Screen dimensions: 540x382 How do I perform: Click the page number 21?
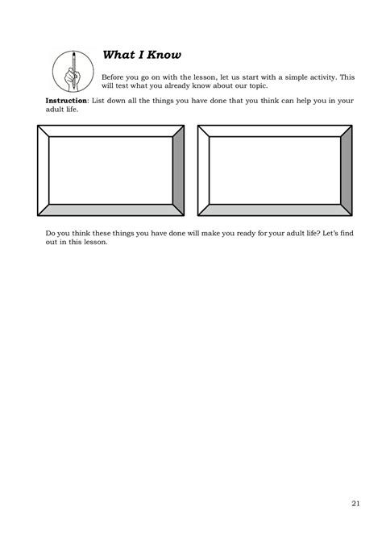[355, 505]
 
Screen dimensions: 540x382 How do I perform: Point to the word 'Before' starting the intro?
[115, 77]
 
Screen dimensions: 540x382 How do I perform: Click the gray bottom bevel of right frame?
[274, 210]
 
